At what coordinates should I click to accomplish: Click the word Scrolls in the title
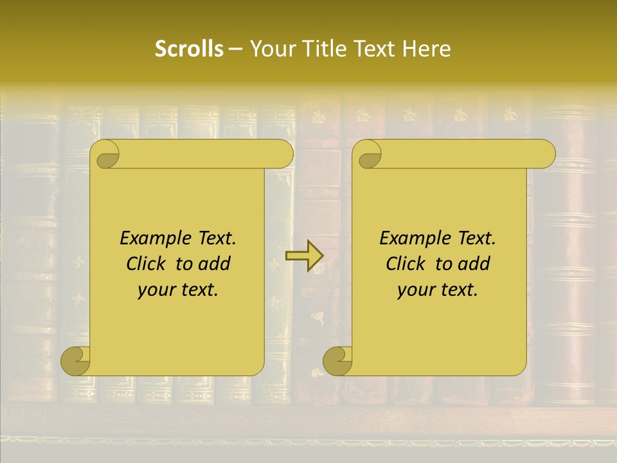[189, 49]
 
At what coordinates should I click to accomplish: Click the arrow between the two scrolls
[304, 256]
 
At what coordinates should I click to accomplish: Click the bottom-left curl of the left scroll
[75, 361]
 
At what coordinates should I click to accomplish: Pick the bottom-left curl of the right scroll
[337, 361]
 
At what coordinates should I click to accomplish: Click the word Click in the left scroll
[146, 264]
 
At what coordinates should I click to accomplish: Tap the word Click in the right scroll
[406, 264]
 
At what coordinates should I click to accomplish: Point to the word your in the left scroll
[156, 290]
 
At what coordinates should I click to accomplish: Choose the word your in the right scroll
[415, 290]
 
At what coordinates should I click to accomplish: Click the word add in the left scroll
[213, 264]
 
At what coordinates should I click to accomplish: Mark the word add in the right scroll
[473, 264]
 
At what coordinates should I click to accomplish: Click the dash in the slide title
[235, 50]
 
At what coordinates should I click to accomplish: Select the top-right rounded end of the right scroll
[543, 154]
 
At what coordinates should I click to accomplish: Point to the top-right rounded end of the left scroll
[282, 154]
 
